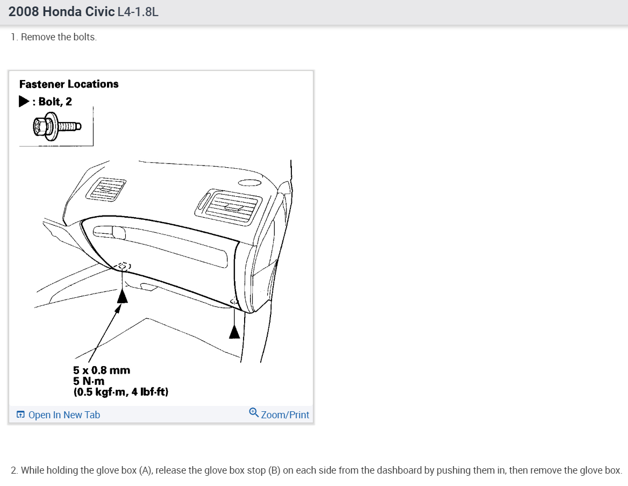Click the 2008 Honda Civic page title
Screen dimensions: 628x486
pos(61,12)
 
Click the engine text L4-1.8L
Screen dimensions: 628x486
pos(138,12)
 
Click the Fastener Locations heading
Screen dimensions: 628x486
pos(69,84)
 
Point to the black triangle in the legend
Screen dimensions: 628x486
pos(24,101)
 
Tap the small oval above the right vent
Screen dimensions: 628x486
pos(248,182)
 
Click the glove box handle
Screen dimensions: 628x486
pos(110,232)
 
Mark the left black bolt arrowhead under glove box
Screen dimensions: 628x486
pos(123,295)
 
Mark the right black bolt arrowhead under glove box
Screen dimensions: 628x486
pos(234,332)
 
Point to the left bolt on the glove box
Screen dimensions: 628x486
pos(124,266)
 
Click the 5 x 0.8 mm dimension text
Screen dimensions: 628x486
pos(102,370)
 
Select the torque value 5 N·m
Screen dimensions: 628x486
pos(89,381)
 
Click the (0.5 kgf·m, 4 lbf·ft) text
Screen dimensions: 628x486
pos(121,392)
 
